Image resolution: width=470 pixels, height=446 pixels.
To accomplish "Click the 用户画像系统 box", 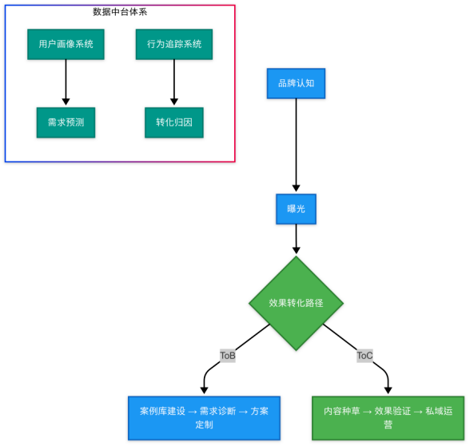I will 66,44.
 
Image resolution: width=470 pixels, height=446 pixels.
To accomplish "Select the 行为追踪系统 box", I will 174,44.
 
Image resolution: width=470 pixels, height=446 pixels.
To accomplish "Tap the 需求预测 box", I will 66,122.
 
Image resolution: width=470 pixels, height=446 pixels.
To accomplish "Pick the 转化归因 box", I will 174,122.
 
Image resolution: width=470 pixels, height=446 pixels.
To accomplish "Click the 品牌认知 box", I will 296,83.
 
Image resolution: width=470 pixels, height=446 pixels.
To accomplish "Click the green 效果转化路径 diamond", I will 296,303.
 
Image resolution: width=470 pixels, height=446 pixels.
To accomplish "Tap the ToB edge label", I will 228,356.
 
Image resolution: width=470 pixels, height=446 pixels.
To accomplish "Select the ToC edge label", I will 364,356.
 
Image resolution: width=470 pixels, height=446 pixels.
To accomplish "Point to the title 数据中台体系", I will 120,12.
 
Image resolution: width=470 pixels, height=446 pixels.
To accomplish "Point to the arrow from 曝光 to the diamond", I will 296,238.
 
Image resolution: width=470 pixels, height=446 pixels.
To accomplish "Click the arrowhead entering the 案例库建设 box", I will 204,390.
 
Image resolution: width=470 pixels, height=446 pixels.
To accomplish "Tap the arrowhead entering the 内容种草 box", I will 388,390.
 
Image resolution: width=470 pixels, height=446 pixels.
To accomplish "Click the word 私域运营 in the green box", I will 439,411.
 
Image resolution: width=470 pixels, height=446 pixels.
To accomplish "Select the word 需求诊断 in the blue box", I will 217,411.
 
